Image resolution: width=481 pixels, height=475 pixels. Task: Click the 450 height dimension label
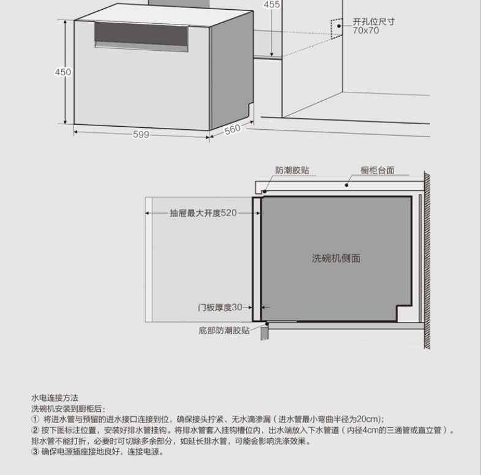tap(63, 72)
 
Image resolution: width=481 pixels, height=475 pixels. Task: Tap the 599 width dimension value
tap(141, 135)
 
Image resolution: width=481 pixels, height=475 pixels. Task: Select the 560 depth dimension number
tap(233, 129)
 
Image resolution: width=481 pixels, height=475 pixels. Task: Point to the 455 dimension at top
tap(272, 5)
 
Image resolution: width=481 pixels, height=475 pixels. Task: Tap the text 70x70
tap(366, 30)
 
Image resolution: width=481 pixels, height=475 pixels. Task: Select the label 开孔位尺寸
tap(374, 21)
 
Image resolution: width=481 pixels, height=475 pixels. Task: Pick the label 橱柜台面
tap(377, 170)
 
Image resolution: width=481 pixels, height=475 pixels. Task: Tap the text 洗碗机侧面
tap(336, 258)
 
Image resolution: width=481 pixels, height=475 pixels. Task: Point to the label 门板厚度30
tap(220, 307)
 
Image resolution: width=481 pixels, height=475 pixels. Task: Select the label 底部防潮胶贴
tap(225, 331)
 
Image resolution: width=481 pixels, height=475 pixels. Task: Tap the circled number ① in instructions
tap(35, 419)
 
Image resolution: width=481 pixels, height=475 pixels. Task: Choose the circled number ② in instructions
tap(35, 430)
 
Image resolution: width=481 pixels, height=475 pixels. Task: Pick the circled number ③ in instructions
tap(35, 452)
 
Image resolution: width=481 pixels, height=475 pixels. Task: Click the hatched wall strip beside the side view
tap(427, 257)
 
